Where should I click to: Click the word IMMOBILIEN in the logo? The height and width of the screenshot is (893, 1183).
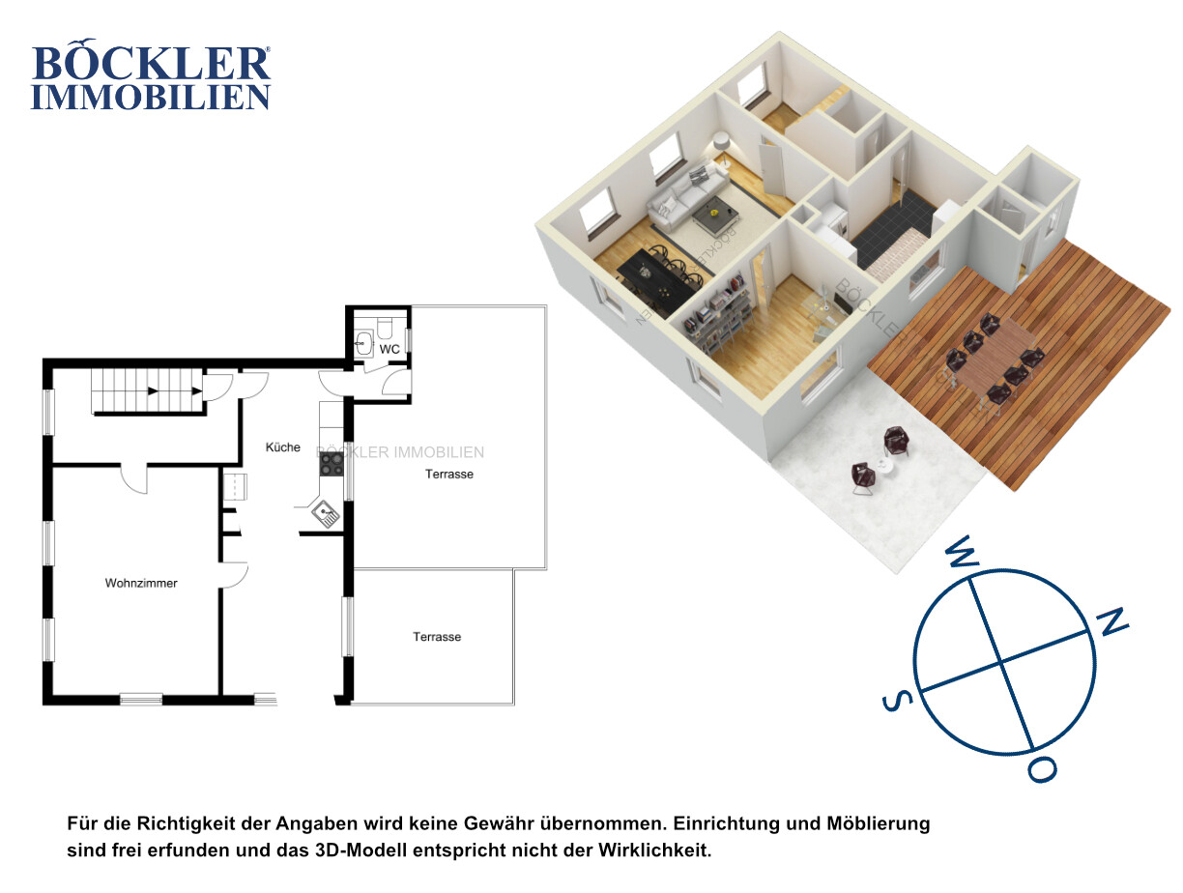coord(151,97)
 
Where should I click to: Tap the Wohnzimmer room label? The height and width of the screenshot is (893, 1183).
coord(141,583)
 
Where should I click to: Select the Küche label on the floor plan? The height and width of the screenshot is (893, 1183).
coord(282,447)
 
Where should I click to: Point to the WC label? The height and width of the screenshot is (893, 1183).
coord(390,349)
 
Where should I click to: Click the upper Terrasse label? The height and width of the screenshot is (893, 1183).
coord(449,475)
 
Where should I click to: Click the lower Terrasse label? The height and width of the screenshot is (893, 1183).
coord(437,637)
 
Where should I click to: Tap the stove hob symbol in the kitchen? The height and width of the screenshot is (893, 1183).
coord(331,464)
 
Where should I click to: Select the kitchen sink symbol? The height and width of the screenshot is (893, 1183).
coord(325,513)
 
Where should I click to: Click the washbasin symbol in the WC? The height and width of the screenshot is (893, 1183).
coord(363,343)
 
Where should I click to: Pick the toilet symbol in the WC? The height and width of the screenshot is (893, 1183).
coord(385,327)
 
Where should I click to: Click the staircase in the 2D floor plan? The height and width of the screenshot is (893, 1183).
coord(147,390)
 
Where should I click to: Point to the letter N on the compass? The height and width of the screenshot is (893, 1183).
coord(1113,621)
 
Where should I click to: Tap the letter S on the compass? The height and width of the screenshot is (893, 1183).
coord(897,701)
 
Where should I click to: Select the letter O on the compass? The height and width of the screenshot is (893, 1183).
coord(1042,769)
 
